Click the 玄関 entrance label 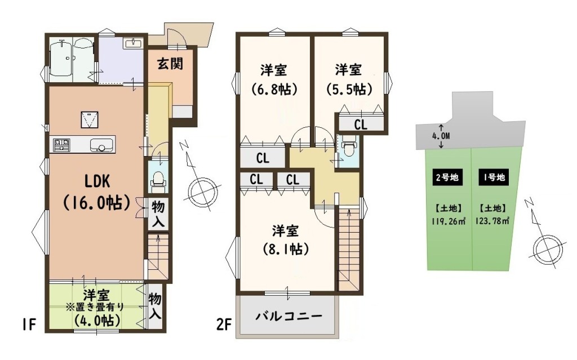pyautogui.click(x=170, y=64)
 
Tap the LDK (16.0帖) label pyautogui.click(x=97, y=192)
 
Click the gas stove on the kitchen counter pyautogui.click(x=61, y=144)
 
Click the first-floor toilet pyautogui.click(x=158, y=180)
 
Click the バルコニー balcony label pyautogui.click(x=289, y=316)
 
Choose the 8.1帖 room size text pyautogui.click(x=286, y=249)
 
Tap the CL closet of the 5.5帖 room pyautogui.click(x=361, y=125)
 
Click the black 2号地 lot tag pyautogui.click(x=447, y=177)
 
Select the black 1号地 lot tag pyautogui.click(x=494, y=177)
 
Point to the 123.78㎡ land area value pyautogui.click(x=492, y=221)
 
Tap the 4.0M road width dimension pyautogui.click(x=441, y=136)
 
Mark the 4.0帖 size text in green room pyautogui.click(x=97, y=320)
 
